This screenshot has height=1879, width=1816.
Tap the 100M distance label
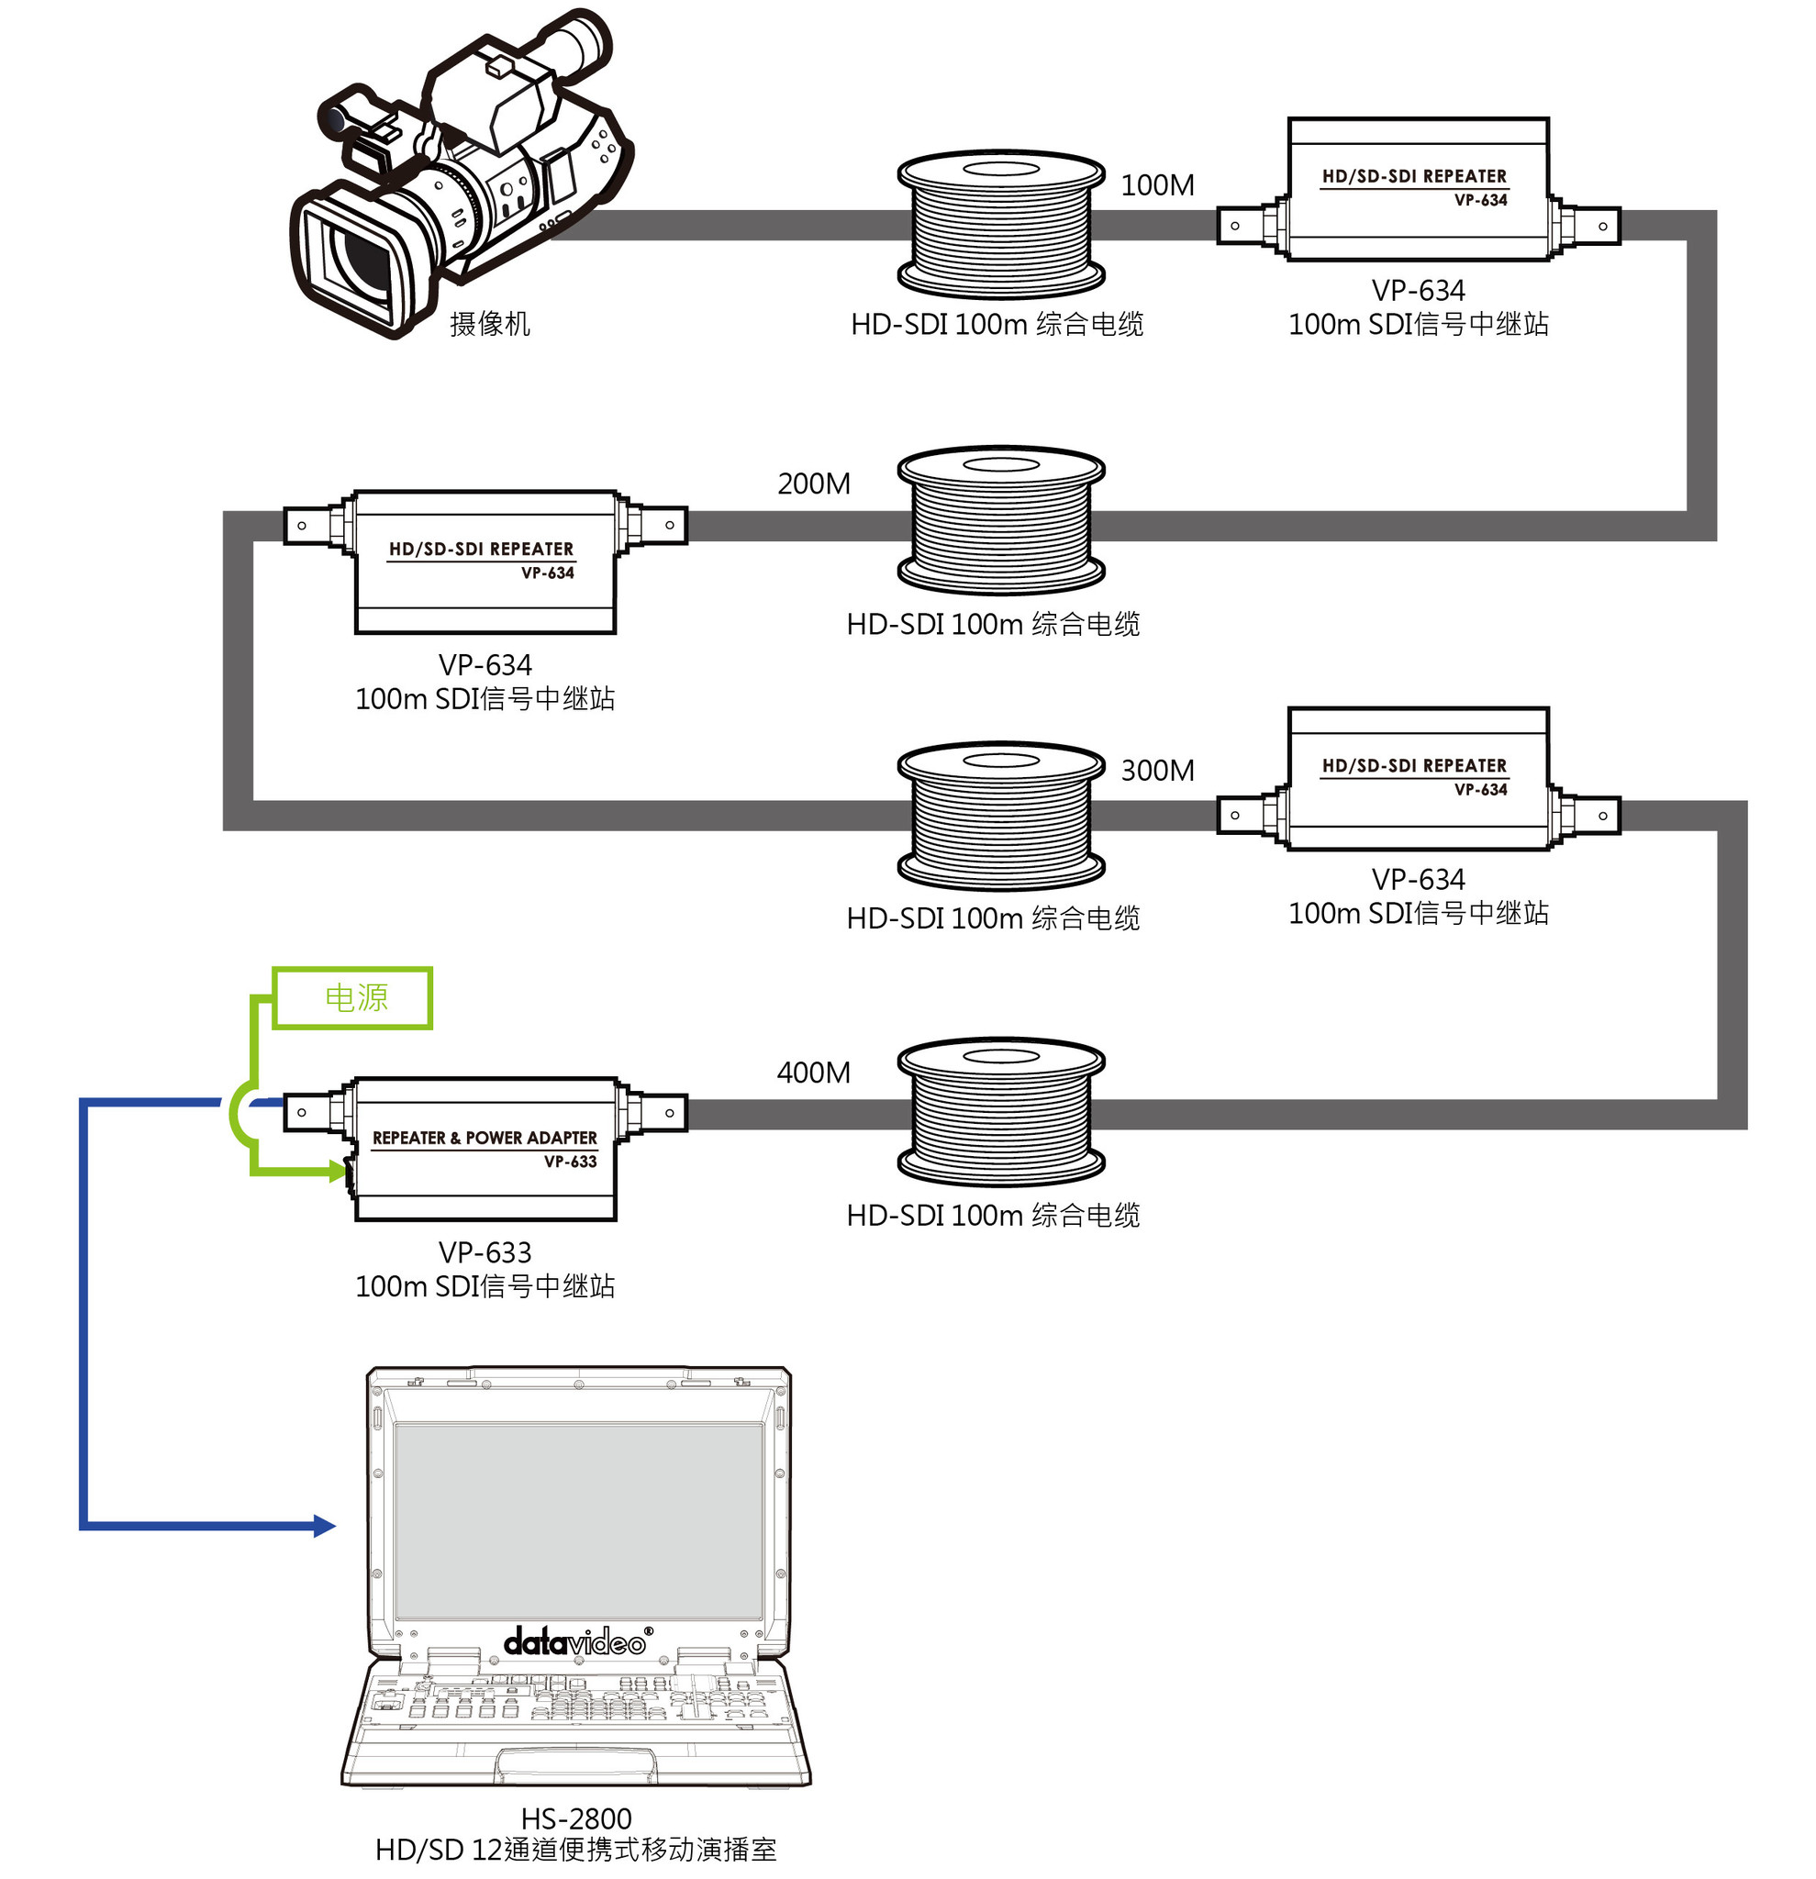point(1157,185)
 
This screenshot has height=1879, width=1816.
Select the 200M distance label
point(814,484)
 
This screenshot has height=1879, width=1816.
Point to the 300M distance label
point(1157,771)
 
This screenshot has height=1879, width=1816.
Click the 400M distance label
point(814,1073)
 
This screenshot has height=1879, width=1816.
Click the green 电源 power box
point(354,998)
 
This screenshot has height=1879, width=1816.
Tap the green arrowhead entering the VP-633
point(338,1171)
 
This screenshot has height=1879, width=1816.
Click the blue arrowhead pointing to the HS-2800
point(325,1526)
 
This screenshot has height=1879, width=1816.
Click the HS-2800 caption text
point(576,1818)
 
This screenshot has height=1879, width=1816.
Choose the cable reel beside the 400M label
point(1001,1111)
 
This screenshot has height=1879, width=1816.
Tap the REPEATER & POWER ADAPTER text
point(485,1138)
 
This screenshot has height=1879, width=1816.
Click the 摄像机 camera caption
point(490,324)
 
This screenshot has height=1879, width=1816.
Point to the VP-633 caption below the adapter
point(485,1252)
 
